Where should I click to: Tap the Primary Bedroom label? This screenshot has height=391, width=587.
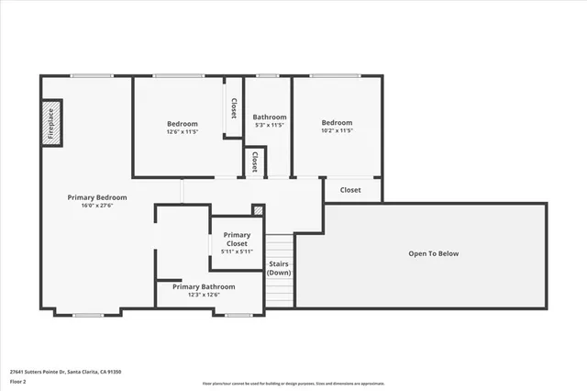click(x=97, y=197)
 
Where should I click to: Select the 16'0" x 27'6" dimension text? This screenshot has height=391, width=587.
click(x=97, y=207)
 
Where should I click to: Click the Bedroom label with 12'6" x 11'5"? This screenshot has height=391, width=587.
click(x=183, y=123)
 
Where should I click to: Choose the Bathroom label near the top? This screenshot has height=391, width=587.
click(x=270, y=117)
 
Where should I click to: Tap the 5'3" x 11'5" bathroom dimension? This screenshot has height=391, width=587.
click(x=270, y=126)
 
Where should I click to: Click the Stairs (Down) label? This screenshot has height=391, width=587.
click(x=279, y=269)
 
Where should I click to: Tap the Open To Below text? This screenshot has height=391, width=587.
click(x=433, y=254)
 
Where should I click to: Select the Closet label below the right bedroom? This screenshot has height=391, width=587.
click(x=350, y=190)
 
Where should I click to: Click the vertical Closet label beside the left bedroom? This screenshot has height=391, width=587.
click(x=234, y=109)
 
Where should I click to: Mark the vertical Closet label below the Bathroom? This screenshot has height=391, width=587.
click(x=254, y=162)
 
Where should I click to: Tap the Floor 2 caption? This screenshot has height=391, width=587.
click(x=18, y=381)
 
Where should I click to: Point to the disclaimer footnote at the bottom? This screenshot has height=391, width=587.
click(x=293, y=382)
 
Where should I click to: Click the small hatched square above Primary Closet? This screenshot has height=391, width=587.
click(x=258, y=209)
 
